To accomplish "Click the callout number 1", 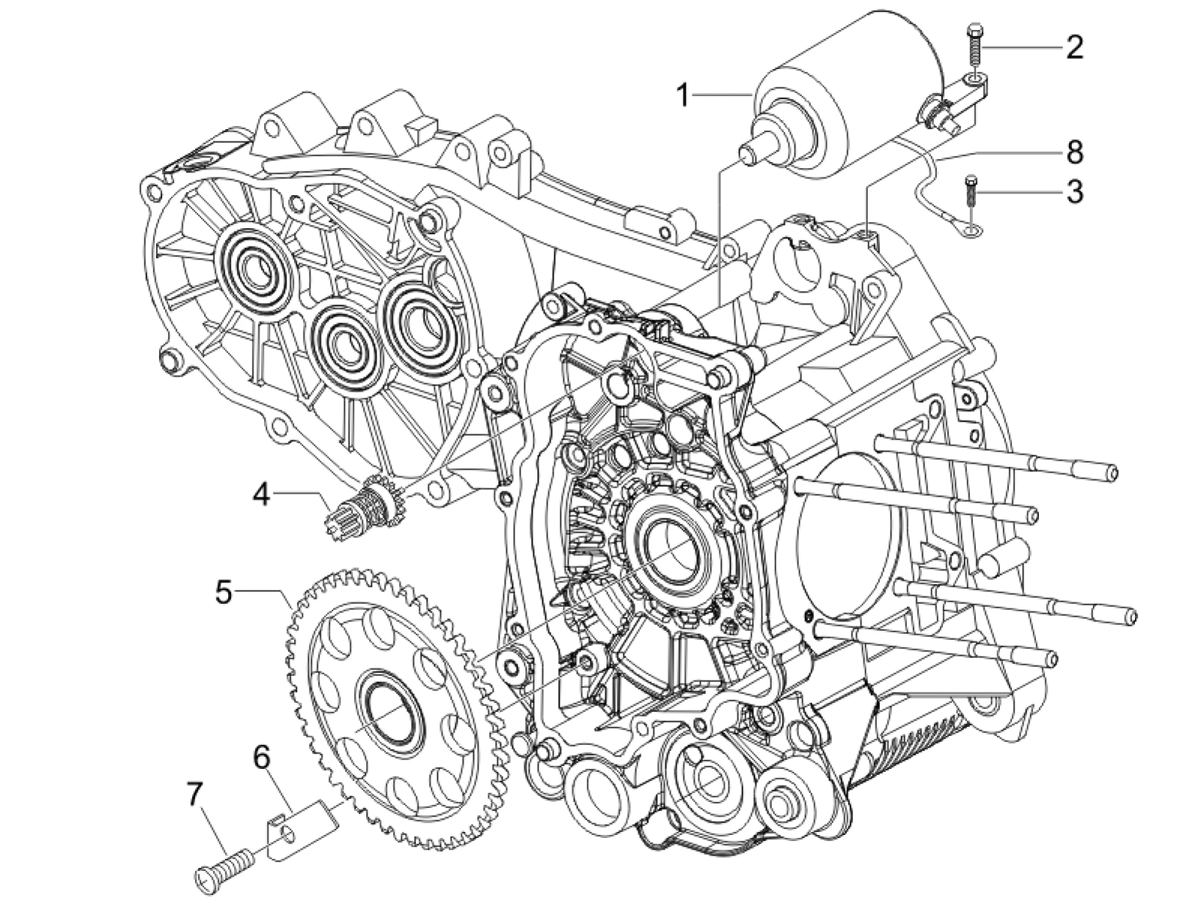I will coord(684,95).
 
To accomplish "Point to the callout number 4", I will coord(261,496).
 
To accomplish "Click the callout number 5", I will coord(224,592).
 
